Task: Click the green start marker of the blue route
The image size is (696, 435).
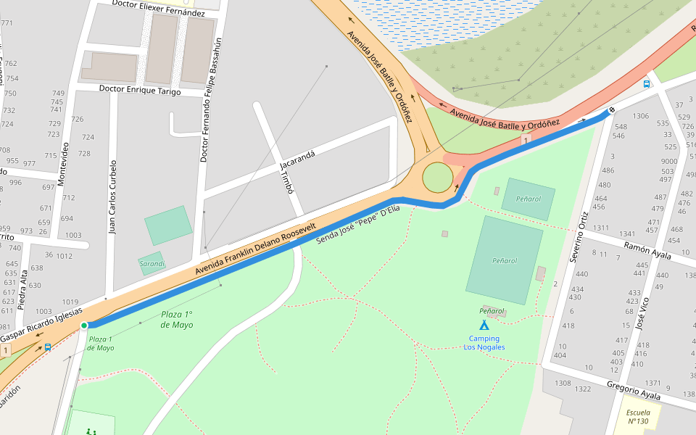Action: pyautogui.click(x=84, y=326)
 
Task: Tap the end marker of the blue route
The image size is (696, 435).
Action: pyautogui.click(x=611, y=110)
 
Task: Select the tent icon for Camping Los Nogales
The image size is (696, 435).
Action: pyautogui.click(x=484, y=326)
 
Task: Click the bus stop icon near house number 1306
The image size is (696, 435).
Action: pyautogui.click(x=646, y=84)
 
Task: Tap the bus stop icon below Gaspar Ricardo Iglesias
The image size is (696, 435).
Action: pyautogui.click(x=48, y=347)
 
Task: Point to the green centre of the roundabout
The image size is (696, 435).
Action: pyautogui.click(x=437, y=178)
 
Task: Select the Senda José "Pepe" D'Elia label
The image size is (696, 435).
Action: pyautogui.click(x=358, y=225)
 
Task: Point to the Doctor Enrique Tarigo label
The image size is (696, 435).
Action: pyautogui.click(x=139, y=91)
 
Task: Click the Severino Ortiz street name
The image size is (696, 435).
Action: pyautogui.click(x=578, y=237)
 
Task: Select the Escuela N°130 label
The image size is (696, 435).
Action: pyautogui.click(x=638, y=416)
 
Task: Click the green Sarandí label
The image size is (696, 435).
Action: pyautogui.click(x=152, y=263)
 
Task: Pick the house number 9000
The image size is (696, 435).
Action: pyautogui.click(x=668, y=162)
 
